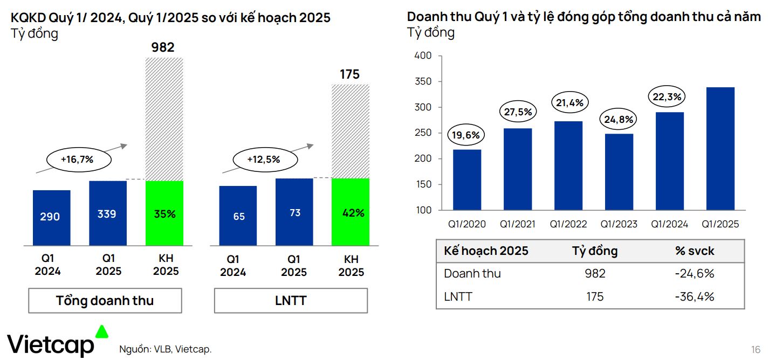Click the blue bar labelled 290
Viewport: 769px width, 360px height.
(52, 217)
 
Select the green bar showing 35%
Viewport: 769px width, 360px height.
(164, 213)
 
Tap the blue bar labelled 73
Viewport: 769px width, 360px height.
(294, 212)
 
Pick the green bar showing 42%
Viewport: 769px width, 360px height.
(351, 212)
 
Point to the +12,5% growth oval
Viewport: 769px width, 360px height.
(264, 160)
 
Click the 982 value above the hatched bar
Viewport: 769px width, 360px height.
(163, 47)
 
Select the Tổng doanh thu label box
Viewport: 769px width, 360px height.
(105, 301)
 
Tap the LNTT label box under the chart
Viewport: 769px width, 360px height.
(291, 301)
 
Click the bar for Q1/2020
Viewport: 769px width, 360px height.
(467, 179)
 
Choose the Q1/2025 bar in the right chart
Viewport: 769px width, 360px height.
(720, 149)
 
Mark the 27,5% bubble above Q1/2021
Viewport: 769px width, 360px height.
(518, 113)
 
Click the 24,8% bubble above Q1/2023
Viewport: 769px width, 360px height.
(619, 119)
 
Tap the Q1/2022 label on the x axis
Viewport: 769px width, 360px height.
(568, 224)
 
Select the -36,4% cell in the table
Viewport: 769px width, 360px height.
(694, 296)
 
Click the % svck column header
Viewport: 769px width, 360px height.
(694, 251)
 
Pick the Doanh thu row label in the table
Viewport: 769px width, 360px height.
(472, 274)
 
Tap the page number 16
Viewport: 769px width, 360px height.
(755, 348)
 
